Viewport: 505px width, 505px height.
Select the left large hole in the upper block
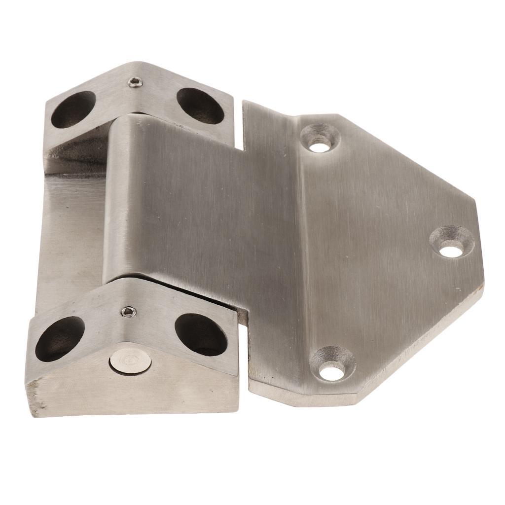[73, 109]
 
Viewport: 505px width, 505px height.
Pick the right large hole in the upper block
[200, 106]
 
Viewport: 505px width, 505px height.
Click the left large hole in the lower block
[60, 338]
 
